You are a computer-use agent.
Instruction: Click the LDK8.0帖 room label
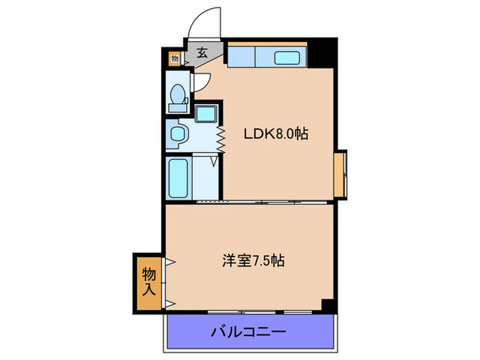click(276, 134)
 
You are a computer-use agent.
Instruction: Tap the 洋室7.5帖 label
click(253, 261)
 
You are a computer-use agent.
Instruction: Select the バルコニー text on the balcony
click(248, 333)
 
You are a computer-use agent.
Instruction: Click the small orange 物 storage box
click(175, 58)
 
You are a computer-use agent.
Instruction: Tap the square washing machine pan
click(206, 115)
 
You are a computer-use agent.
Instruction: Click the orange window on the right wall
click(340, 174)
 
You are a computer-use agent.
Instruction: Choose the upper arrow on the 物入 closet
click(167, 261)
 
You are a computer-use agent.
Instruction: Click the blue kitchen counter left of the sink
click(241, 56)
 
